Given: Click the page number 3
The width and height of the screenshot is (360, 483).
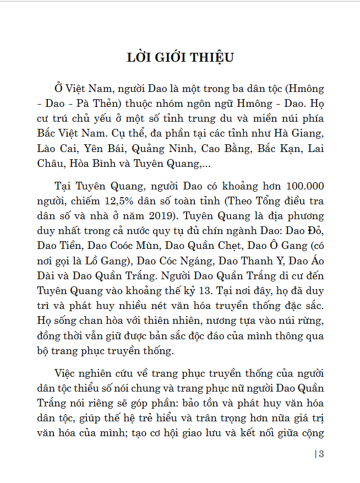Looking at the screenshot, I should point(320,454).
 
